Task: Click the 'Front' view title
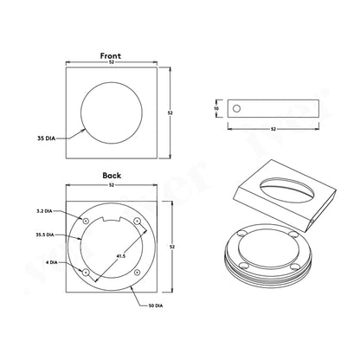point(111,55)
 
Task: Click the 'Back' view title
point(112,176)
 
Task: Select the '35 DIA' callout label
point(46,138)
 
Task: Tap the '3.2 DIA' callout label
point(44,211)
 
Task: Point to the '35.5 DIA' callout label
point(45,235)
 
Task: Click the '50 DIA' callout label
point(156,305)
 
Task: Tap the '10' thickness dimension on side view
point(216,108)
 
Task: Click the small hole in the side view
point(236,109)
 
